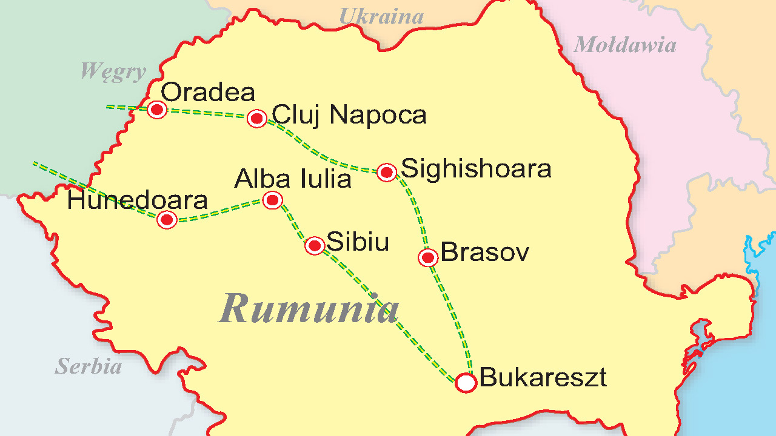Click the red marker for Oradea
(x=157, y=110)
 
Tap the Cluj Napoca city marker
(x=257, y=118)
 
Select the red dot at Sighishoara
(x=387, y=172)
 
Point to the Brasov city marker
(x=428, y=257)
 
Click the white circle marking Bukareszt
(x=466, y=383)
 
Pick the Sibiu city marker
(x=315, y=245)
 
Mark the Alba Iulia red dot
(x=272, y=200)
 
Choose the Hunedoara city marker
(x=167, y=219)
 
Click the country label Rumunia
(x=309, y=308)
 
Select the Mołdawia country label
(x=624, y=44)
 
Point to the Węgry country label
(x=113, y=71)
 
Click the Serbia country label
(x=89, y=366)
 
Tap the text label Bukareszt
(x=543, y=378)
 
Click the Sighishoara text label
(x=476, y=168)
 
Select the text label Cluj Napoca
(x=349, y=114)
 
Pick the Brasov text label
(x=484, y=252)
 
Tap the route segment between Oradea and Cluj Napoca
(x=206, y=113)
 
